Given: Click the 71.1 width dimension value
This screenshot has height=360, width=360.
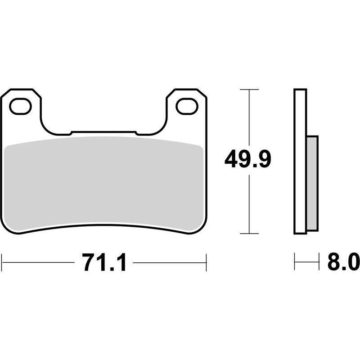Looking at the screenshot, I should click(104, 262).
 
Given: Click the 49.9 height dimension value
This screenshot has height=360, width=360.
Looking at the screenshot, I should click(247, 160).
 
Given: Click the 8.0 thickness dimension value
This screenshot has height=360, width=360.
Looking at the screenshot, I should click(343, 262).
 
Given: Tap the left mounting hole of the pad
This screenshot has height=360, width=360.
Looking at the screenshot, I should click(20, 107).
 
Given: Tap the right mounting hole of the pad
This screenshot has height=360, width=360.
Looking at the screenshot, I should click(186, 107).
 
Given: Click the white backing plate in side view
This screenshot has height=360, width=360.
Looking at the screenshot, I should click(300, 162).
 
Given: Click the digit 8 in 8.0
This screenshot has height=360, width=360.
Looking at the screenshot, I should click(334, 262).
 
